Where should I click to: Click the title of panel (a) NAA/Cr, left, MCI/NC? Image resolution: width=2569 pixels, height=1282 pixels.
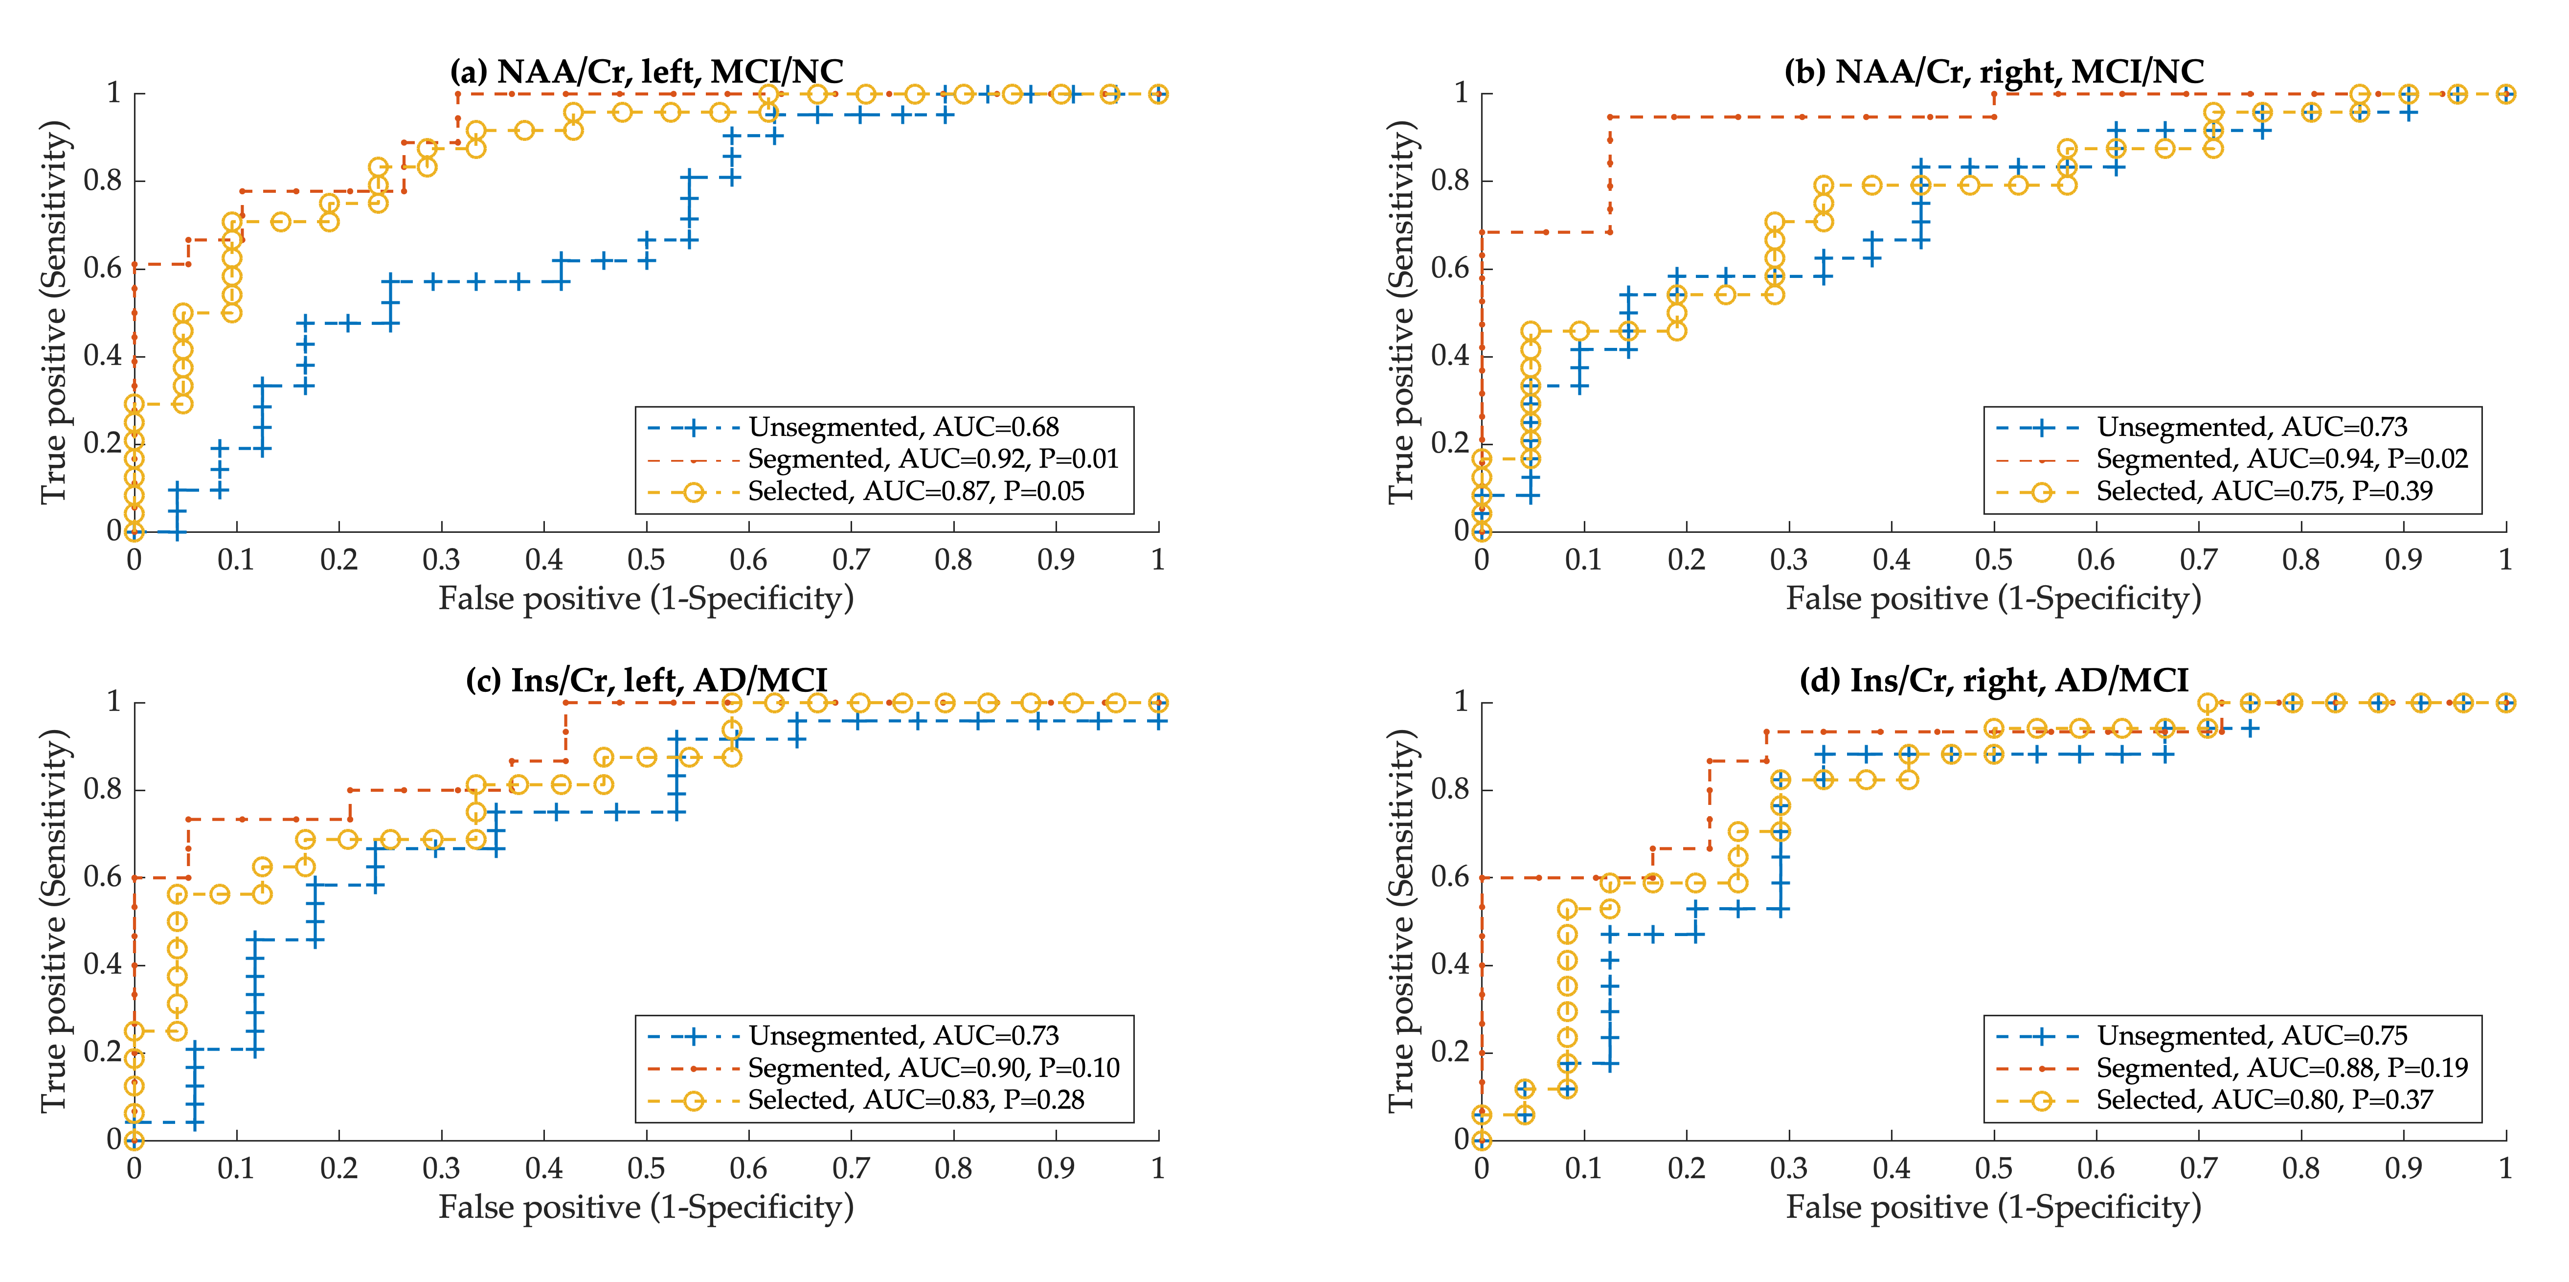(646, 72)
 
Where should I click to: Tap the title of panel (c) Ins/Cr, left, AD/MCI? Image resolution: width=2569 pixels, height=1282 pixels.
(646, 681)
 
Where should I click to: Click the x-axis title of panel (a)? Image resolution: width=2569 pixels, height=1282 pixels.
(646, 598)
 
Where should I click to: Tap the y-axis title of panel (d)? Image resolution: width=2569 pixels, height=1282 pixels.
(1401, 920)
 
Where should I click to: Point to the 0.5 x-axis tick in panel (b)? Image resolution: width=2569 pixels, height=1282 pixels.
(1994, 560)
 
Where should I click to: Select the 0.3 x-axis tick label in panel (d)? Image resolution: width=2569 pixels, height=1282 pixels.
(1788, 1168)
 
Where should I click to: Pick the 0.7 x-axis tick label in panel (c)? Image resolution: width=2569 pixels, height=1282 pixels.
(851, 1168)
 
